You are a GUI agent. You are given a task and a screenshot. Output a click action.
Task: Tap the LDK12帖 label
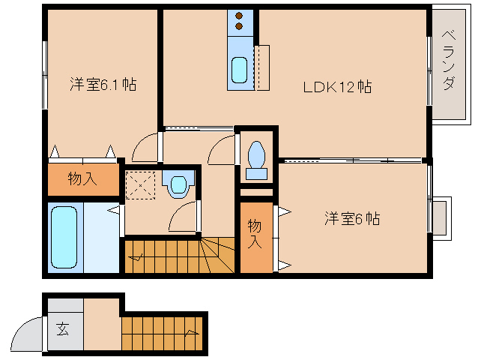pyautogui.click(x=337, y=87)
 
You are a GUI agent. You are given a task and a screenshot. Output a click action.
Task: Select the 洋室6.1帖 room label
pyautogui.click(x=103, y=84)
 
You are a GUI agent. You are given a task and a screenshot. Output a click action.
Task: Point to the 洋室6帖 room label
pyautogui.click(x=351, y=219)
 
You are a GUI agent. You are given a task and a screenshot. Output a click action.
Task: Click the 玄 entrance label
pyautogui.click(x=62, y=328)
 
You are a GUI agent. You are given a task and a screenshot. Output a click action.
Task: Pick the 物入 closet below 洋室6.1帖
pyautogui.click(x=83, y=178)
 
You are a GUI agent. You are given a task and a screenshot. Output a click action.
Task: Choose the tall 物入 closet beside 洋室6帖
pyautogui.click(x=255, y=234)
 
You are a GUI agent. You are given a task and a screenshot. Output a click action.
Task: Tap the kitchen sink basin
pyautogui.click(x=239, y=70)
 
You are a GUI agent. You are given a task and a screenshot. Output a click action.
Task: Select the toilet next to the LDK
pyautogui.click(x=256, y=157)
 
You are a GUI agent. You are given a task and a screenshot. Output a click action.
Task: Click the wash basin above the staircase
pyautogui.click(x=178, y=184)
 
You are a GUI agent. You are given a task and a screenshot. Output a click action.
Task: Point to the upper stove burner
pyautogui.click(x=240, y=16)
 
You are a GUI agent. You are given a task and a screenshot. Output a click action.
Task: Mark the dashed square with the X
pyautogui.click(x=139, y=184)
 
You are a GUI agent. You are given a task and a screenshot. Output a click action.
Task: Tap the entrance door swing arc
pyautogui.click(x=28, y=334)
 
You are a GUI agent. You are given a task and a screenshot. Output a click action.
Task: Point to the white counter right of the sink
pyautogui.click(x=261, y=67)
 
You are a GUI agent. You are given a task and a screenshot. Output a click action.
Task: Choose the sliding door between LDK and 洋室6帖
pyautogui.click(x=352, y=160)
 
